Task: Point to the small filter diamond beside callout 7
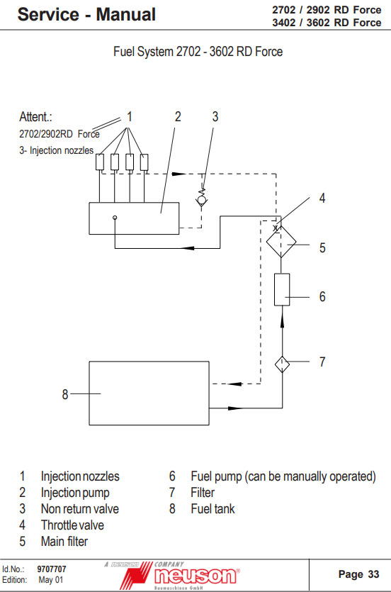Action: coord(282,364)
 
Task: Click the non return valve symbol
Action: coord(202,197)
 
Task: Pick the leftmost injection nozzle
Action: coord(100,162)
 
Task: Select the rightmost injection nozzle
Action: coord(144,162)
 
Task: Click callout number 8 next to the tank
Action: coord(65,394)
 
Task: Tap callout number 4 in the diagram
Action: coord(322,199)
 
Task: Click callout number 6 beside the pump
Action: coord(322,297)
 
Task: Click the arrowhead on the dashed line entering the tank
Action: coord(234,384)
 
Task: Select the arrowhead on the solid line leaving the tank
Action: coord(236,408)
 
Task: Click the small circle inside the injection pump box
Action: coord(115,218)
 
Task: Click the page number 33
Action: coord(373,574)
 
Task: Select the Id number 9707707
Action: coord(52,569)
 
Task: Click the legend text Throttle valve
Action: coord(72,525)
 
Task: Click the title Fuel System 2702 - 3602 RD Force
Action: coord(198,51)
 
